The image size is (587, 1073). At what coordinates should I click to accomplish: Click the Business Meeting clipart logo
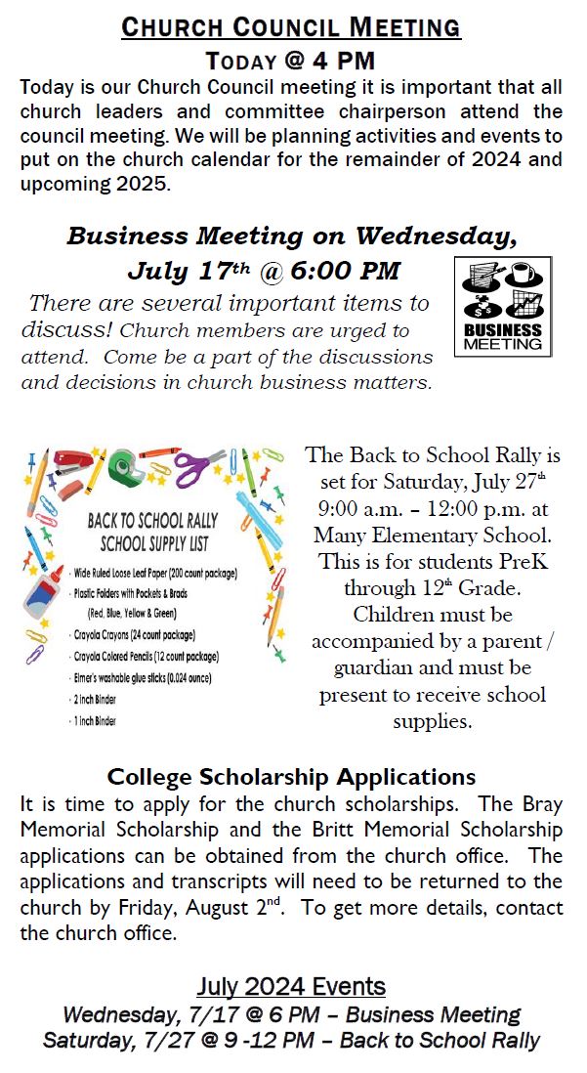502,306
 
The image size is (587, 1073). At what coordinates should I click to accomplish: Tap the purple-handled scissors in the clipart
201,464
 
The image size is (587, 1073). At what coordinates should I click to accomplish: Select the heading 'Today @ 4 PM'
291,61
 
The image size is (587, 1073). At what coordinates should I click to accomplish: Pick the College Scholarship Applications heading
291,778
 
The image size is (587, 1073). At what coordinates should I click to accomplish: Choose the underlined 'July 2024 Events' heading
291,986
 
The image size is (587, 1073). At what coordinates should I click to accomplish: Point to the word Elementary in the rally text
447,535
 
